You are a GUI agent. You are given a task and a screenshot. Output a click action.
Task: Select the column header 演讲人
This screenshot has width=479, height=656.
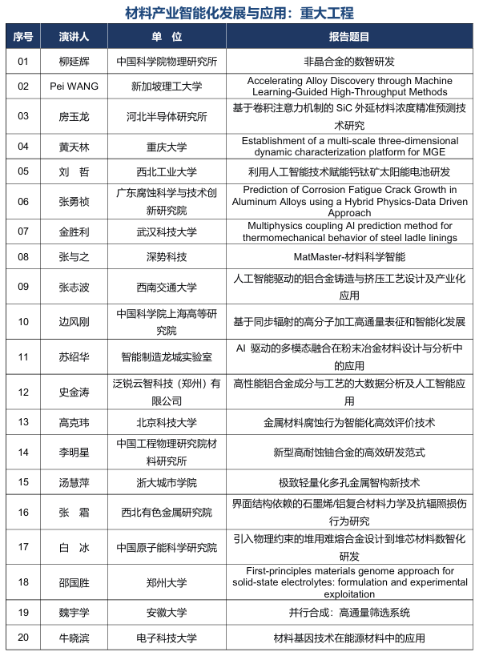74,37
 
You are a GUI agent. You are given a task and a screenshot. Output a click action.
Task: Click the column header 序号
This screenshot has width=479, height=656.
23,37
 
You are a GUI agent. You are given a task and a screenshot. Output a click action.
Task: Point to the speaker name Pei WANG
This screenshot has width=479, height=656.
74,86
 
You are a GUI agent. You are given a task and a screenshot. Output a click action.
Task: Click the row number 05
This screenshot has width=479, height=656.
23,171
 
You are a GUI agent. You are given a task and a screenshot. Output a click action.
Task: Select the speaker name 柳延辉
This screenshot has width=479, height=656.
74,61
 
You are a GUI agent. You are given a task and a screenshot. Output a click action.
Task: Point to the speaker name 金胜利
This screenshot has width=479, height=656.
74,231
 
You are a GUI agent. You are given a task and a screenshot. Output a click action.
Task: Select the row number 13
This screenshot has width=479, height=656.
23,422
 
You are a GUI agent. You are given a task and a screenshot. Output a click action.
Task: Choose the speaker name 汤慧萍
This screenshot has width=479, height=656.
74,482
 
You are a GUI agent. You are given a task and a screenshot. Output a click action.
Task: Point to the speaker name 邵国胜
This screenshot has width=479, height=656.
74,582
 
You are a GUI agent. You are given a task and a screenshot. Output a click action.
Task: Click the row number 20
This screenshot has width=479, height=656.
23,638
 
